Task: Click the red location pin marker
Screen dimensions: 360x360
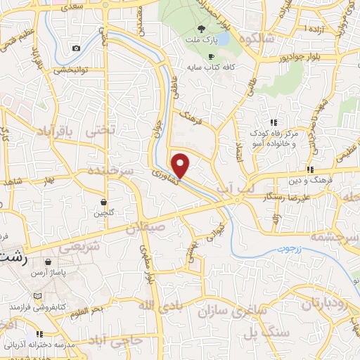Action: click(x=181, y=165)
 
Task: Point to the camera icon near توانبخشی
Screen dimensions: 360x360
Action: click(x=76, y=48)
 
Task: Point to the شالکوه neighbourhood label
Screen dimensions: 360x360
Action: click(x=252, y=39)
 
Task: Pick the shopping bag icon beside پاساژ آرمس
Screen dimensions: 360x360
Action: click(x=46, y=271)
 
